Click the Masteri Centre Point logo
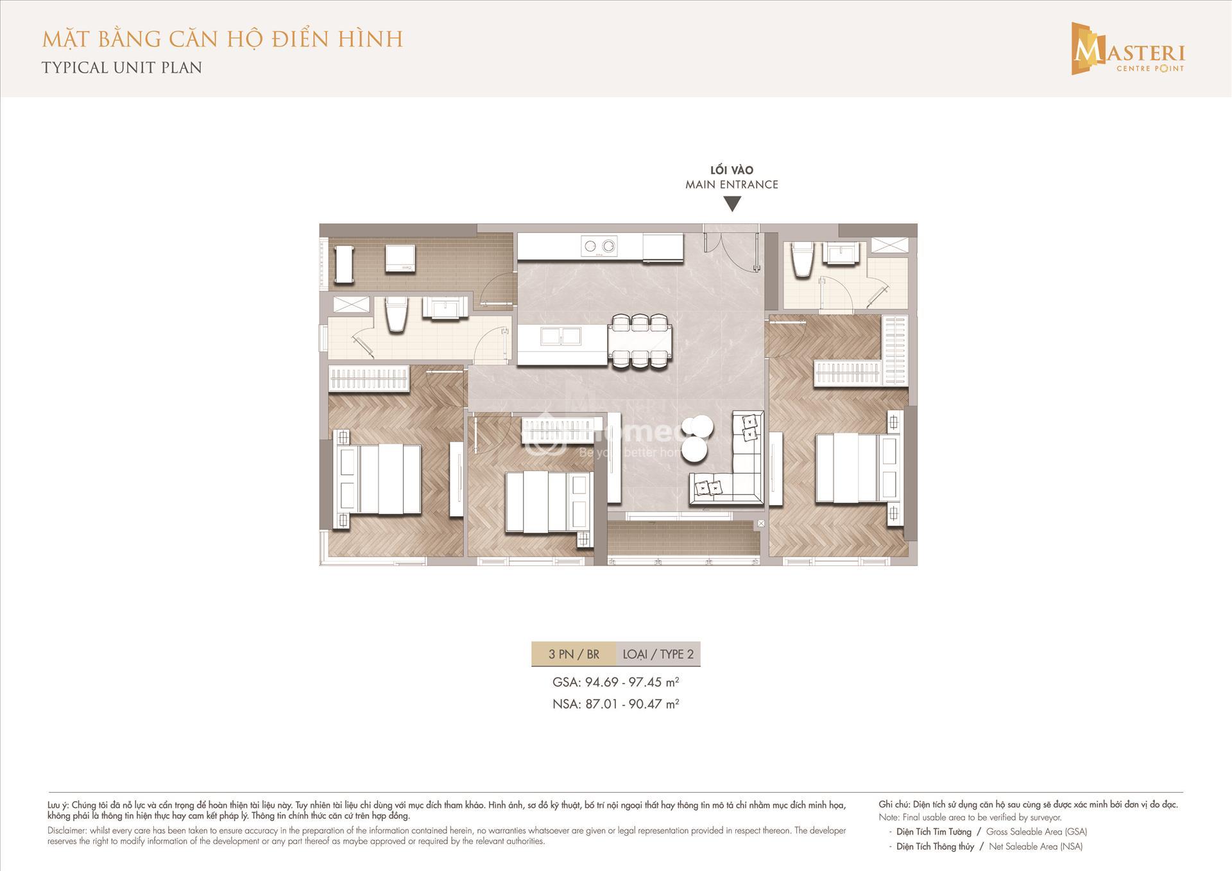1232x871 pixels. point(1127,49)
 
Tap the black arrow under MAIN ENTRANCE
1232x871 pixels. point(732,204)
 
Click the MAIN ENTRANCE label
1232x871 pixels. point(732,184)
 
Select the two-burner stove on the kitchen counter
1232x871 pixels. point(599,245)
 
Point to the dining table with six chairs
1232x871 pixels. point(641,340)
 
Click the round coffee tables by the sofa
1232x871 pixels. point(697,438)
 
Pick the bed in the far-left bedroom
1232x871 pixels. point(378,479)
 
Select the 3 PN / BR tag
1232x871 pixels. point(574,654)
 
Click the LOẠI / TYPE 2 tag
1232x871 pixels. point(658,654)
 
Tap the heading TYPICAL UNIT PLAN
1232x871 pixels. point(122,67)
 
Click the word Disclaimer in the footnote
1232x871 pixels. point(67,831)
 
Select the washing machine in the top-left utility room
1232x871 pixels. point(400,258)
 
